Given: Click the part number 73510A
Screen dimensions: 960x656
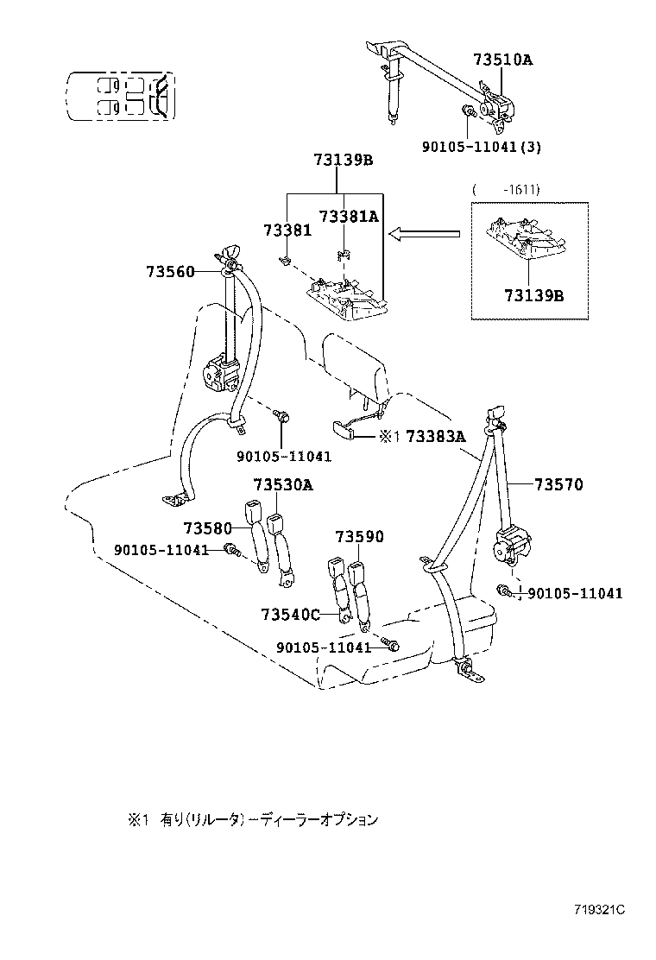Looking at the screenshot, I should click(x=502, y=60).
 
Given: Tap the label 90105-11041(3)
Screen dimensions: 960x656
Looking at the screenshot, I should click(x=481, y=147).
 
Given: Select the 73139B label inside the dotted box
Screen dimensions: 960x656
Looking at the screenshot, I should click(x=533, y=295).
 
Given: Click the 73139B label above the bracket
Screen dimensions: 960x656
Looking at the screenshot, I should click(x=343, y=160).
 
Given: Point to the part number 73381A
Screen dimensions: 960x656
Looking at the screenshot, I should click(x=349, y=217).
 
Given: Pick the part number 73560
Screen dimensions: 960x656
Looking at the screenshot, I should click(x=172, y=271).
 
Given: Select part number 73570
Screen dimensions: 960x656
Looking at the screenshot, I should click(x=558, y=485).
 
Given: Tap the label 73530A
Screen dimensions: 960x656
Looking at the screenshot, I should click(x=282, y=485).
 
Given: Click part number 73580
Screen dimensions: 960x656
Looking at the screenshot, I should click(x=208, y=527).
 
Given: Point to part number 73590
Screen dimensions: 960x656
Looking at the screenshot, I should click(x=359, y=536).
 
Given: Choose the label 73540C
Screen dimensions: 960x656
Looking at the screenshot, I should click(x=290, y=614).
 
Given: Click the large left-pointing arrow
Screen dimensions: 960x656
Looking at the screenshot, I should click(x=423, y=233).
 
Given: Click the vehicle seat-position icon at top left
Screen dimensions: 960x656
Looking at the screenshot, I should click(x=121, y=96).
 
